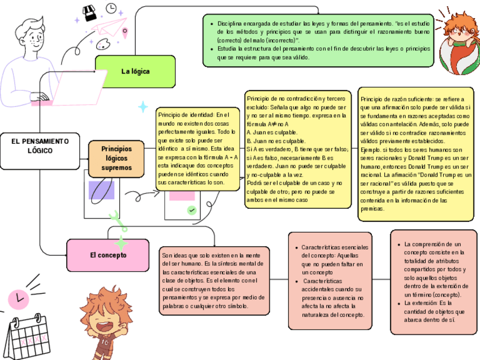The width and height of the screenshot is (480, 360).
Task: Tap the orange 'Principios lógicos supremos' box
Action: [116, 158]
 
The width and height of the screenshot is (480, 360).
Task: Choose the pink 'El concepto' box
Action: [108, 255]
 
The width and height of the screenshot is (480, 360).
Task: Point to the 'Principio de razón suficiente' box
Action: [415, 153]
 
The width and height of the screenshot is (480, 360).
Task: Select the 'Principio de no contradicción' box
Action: [297, 149]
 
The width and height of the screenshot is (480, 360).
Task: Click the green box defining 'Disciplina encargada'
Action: [318, 40]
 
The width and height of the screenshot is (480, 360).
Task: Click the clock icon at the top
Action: [112, 8]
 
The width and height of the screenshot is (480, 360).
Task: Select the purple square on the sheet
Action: [101, 190]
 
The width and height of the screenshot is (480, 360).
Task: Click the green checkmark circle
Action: [192, 210]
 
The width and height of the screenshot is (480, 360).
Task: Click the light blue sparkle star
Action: [143, 107]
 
